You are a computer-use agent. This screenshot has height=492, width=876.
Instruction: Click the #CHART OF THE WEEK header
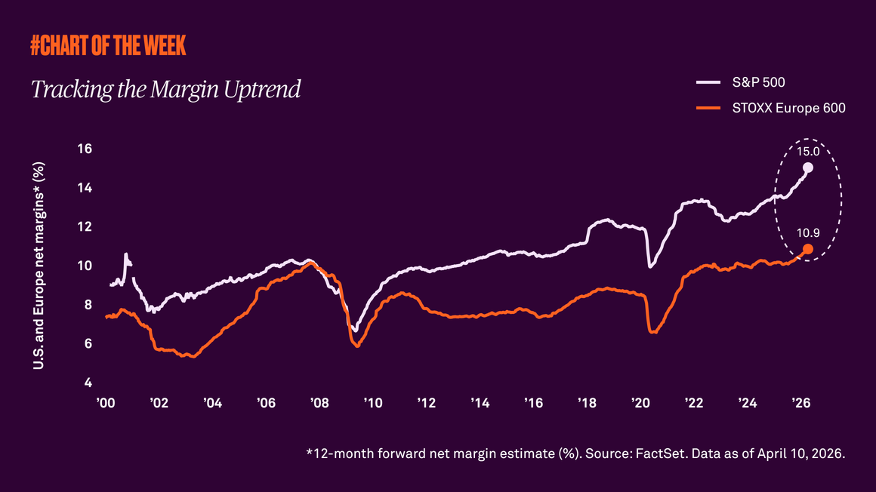[108, 46]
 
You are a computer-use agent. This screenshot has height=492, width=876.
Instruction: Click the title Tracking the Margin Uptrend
[165, 89]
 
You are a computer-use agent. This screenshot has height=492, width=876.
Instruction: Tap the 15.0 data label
[808, 151]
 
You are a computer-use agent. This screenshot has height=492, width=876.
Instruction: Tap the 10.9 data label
[808, 233]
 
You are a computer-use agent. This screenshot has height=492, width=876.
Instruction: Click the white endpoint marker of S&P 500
[808, 168]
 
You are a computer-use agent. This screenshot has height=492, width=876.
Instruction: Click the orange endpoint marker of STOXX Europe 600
[807, 249]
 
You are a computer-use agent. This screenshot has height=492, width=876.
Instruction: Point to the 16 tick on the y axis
[85, 149]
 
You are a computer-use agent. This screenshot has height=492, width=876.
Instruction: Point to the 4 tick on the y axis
[88, 383]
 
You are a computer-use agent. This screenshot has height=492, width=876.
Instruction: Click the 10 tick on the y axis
[85, 266]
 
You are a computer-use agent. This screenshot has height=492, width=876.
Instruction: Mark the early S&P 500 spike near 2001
[126, 254]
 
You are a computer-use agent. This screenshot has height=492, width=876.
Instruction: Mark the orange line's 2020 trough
[653, 332]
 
